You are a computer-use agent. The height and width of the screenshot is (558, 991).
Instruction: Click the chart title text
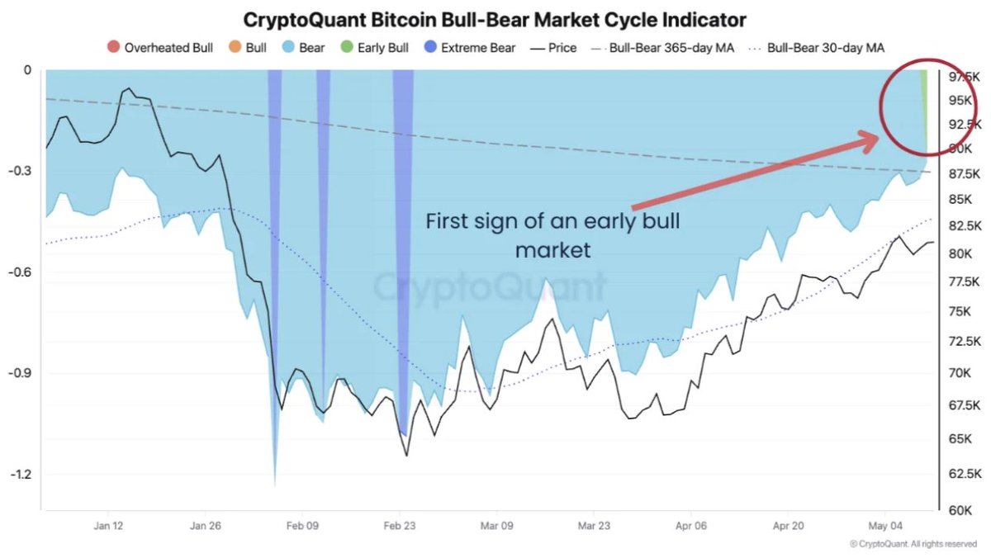pos(495,20)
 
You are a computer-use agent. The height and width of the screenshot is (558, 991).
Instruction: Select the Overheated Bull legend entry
pos(160,47)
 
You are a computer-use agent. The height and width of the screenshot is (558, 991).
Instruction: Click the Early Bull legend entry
pos(375,47)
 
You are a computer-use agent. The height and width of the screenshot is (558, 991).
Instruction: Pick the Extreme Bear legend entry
pos(470,47)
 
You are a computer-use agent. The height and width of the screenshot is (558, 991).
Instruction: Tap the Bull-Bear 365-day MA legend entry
pos(662,48)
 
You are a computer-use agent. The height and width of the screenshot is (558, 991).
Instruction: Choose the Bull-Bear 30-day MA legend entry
pos(817,48)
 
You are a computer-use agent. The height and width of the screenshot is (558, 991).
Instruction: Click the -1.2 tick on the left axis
pos(21,475)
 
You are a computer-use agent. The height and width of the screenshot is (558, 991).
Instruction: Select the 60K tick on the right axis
pos(960,510)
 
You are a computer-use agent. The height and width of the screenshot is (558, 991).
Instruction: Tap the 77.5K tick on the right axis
pos(964,281)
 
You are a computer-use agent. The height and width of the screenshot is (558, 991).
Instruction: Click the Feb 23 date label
pos(400,526)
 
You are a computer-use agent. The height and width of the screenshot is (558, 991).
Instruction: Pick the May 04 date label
pos(884,526)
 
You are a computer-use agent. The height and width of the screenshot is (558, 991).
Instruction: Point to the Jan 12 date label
pos(108,526)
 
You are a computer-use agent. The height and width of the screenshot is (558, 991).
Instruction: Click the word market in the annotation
pos(553,250)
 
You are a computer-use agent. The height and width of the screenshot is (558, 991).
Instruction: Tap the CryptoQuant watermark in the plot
pos(489,286)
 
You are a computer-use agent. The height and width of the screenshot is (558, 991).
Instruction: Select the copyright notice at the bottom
pos(913,544)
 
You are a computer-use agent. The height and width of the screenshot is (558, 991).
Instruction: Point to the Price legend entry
pos(553,48)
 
